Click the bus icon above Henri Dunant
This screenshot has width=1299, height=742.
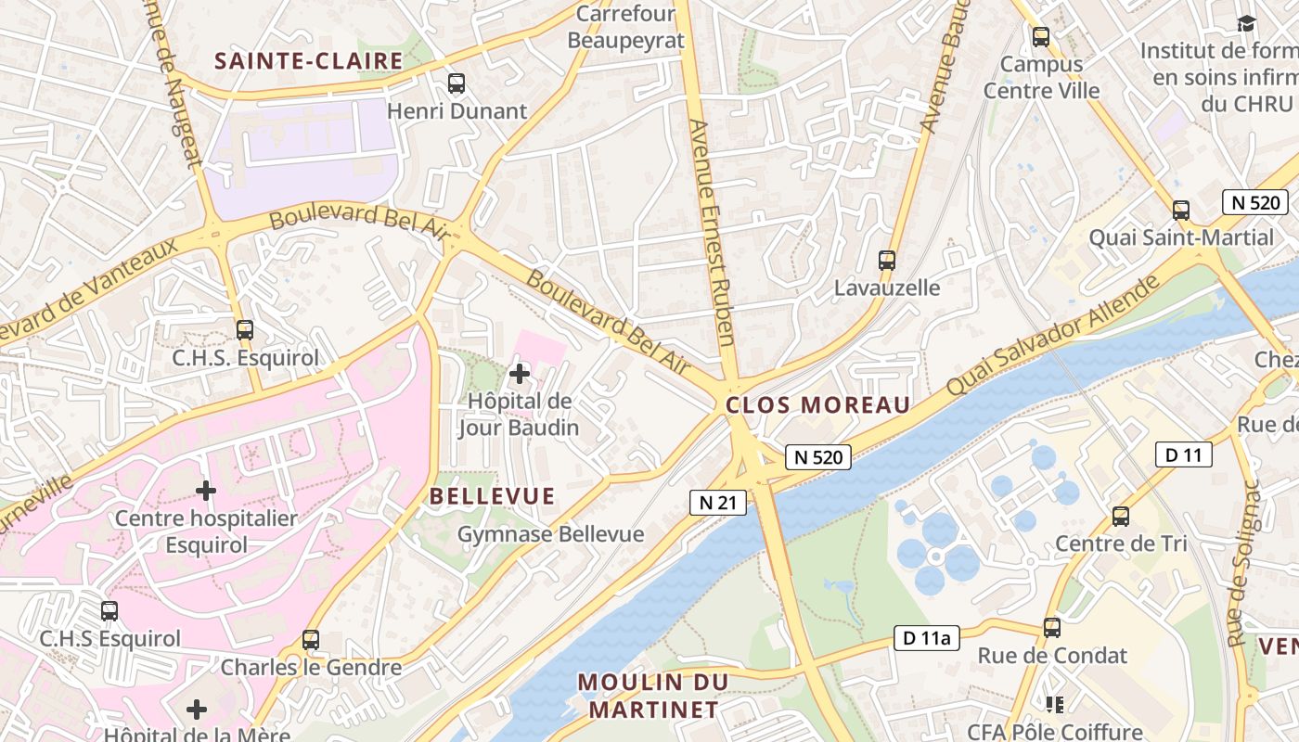456,83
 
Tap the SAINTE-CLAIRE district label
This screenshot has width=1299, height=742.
309,61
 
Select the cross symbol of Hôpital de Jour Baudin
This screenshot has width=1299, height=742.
520,374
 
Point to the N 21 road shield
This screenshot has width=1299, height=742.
718,503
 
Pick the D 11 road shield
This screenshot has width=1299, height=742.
1183,454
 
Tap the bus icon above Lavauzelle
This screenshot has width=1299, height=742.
887,261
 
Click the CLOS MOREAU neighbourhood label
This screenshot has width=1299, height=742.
817,405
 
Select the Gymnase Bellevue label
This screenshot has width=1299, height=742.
550,534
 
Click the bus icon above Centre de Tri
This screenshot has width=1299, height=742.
1121,517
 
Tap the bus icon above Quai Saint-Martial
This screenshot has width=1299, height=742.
1180,211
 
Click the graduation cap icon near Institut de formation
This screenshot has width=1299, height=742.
1245,23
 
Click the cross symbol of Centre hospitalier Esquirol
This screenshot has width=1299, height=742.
206,490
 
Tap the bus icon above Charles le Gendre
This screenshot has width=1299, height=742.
311,640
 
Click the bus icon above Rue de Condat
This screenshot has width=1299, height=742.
1051,628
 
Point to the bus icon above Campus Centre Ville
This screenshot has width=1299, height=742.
1041,37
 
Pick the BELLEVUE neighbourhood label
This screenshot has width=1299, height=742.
492,496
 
